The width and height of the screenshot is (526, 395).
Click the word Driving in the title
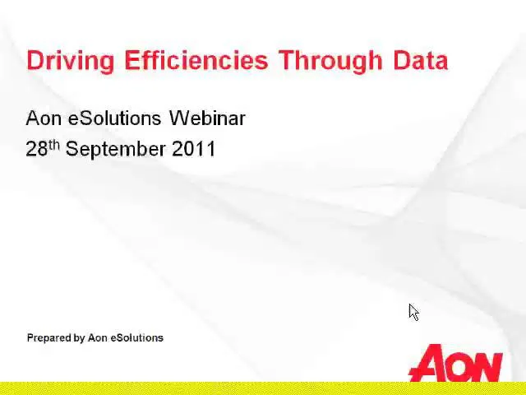[x=71, y=61]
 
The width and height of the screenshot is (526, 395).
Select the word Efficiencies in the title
[x=196, y=60]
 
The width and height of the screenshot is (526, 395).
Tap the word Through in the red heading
[x=330, y=61]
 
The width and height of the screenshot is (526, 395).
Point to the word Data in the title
[x=421, y=60]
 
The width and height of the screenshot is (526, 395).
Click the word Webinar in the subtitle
[x=207, y=118]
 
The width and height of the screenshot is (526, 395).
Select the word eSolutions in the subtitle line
[x=115, y=118]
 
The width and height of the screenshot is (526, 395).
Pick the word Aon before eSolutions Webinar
[x=44, y=118]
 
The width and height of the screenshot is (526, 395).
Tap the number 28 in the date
[x=36, y=149]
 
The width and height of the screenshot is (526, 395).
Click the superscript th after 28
[x=54, y=145]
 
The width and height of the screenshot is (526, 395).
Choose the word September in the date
[x=116, y=150]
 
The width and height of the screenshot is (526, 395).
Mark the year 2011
[x=194, y=149]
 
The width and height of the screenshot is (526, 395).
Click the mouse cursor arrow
[x=414, y=313]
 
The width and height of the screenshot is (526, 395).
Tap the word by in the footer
[x=80, y=338]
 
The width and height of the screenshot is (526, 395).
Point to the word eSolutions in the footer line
[x=137, y=338]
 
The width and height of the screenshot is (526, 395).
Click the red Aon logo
[x=455, y=363]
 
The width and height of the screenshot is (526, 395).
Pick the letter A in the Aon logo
[x=427, y=363]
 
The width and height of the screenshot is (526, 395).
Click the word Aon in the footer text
[x=98, y=338]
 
